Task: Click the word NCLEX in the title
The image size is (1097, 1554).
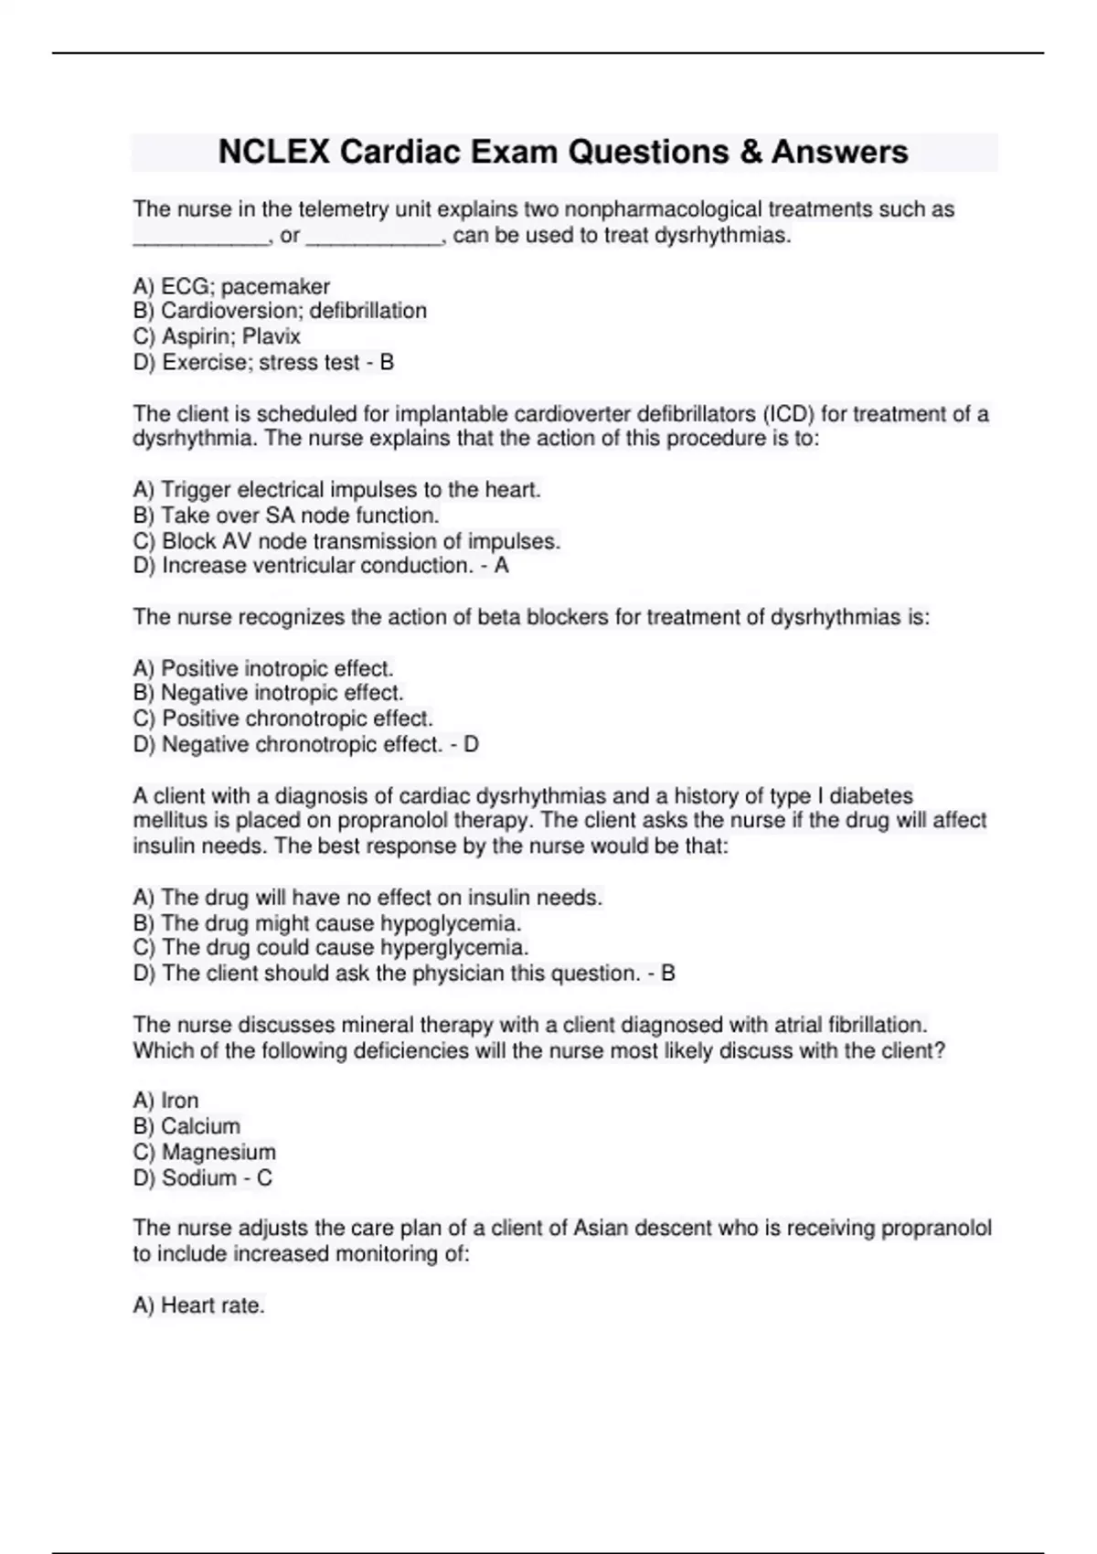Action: point(273,152)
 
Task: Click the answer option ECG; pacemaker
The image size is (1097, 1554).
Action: point(231,286)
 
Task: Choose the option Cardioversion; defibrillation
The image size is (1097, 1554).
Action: point(280,311)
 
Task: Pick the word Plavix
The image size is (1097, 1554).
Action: point(272,336)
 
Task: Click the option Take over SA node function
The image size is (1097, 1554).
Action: point(286,516)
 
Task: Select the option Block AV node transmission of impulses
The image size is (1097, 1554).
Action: point(346,541)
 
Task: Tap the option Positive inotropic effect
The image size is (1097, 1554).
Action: point(263,668)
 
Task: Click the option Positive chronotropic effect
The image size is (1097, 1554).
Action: point(283,718)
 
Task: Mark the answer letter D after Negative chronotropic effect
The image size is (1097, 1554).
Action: point(471,744)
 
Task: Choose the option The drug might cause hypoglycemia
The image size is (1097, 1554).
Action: point(327,923)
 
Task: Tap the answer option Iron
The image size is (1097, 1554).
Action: point(166,1101)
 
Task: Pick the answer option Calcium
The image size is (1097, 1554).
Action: point(186,1126)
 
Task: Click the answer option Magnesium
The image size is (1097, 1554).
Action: point(205,1152)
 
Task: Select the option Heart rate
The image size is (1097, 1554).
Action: point(199,1305)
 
